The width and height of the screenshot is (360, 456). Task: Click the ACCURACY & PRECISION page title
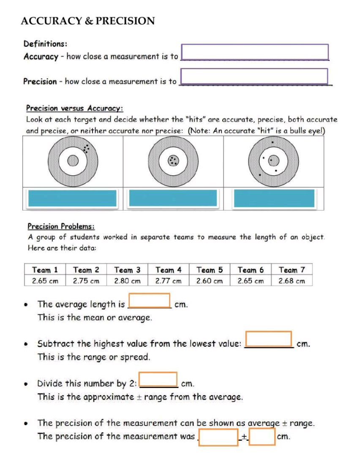[x=88, y=21]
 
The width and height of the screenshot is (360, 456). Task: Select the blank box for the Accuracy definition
[x=254, y=52]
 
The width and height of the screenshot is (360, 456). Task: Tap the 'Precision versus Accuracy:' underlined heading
[x=74, y=109]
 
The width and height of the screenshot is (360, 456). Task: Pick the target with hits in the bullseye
[x=173, y=160]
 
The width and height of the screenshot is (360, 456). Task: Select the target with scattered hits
[x=273, y=160]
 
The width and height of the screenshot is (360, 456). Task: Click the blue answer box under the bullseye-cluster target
[x=173, y=198]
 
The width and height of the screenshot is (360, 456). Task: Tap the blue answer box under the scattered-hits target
[x=274, y=198]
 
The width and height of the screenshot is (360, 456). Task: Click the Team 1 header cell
[x=45, y=270]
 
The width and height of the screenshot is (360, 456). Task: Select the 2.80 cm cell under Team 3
[x=127, y=280]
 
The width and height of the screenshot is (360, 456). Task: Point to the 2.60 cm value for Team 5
[x=209, y=280]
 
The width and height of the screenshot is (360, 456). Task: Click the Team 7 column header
[x=292, y=270]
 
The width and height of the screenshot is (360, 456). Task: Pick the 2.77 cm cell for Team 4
[x=168, y=280]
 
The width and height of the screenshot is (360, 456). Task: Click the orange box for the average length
[x=150, y=301]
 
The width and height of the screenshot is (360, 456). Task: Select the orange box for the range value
[x=269, y=339]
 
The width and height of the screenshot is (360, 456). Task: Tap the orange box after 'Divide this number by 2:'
[x=158, y=379]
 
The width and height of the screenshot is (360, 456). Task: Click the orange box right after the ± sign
[x=262, y=437]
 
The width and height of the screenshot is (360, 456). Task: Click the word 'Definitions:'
[x=45, y=43]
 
